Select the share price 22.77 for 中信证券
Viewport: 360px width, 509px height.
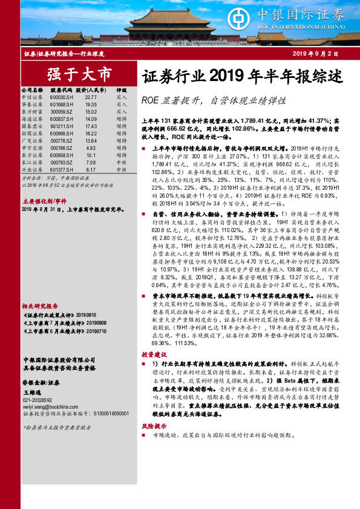pos(91,97)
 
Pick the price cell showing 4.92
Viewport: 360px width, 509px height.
pos(91,148)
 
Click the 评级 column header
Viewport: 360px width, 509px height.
pos(122,89)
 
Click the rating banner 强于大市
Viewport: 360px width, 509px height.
pos(79,74)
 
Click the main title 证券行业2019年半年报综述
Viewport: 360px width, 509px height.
pos(242,77)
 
